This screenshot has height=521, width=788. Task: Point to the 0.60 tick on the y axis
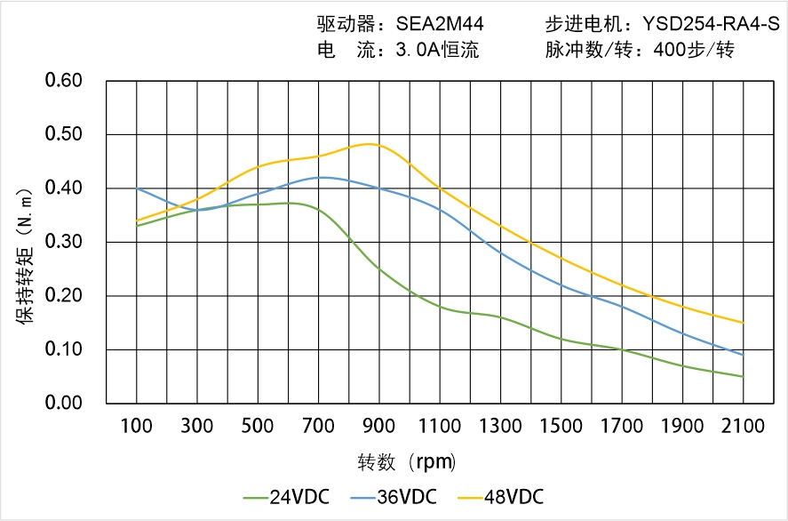point(63,81)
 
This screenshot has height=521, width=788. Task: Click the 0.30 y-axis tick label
point(63,242)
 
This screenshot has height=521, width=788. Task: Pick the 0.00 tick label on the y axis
point(63,403)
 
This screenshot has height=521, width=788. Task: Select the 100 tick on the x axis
point(137,425)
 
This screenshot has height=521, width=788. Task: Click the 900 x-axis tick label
point(379,425)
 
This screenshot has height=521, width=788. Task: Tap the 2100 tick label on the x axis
point(743,425)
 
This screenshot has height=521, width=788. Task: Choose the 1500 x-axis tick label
point(561,425)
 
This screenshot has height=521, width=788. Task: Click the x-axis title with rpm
point(407,462)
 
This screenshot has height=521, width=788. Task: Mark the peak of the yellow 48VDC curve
point(370,144)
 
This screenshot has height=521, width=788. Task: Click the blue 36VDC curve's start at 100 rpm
point(137,188)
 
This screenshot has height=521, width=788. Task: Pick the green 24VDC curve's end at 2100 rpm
point(743,376)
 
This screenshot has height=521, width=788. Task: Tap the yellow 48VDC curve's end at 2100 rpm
point(743,323)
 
